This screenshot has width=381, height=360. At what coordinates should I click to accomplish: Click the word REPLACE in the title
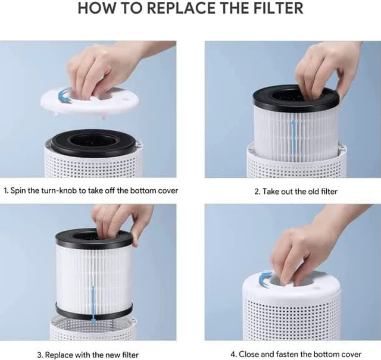pos(181,8)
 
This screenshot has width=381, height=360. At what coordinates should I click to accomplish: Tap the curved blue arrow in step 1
pos(64,96)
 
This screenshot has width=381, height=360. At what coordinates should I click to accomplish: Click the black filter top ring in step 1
pos(94,143)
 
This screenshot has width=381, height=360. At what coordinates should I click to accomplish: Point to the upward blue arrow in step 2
pos(294,136)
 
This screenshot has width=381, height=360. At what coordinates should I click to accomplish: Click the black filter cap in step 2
pos(296,98)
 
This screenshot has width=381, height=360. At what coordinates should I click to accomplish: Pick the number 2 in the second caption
pos(257,192)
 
